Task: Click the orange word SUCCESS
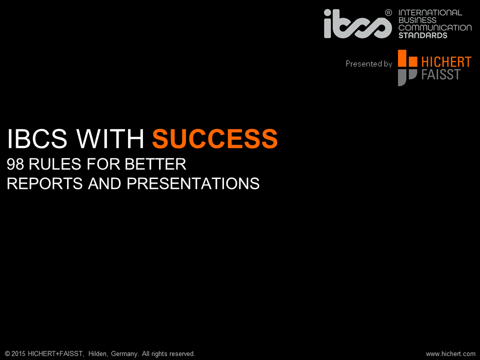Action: coord(215,138)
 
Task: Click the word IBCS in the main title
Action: coord(37,138)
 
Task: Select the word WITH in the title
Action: coord(110,138)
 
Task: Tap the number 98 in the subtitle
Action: coord(15,164)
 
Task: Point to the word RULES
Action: coord(55,164)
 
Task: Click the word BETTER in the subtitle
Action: coord(155,164)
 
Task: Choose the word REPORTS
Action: coord(44,183)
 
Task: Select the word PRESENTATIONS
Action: coord(193,183)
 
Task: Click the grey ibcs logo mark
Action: coord(357,24)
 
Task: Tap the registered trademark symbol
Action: coord(388,12)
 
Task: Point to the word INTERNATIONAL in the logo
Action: coord(430,12)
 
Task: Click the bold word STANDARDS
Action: coord(423,35)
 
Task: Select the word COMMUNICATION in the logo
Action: coord(435,27)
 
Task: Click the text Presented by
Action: coord(369,63)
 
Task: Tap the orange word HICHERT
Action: coord(446,62)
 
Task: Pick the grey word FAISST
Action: coord(441,74)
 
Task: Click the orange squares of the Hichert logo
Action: coord(407,59)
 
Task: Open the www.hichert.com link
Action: coord(450,354)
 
